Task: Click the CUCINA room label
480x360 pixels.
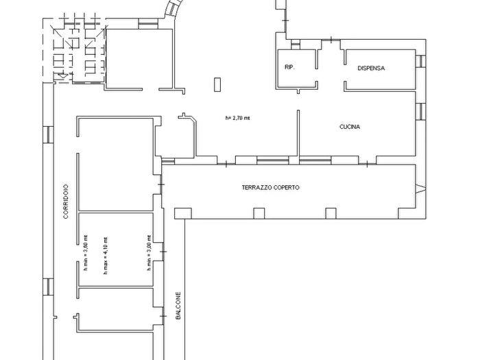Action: (x=350, y=127)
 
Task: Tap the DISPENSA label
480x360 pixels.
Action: (x=371, y=69)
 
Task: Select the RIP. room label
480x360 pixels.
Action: (x=289, y=67)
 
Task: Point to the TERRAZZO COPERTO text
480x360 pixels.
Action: (x=271, y=187)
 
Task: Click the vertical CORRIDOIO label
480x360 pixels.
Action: (x=66, y=201)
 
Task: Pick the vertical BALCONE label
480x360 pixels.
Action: (x=178, y=306)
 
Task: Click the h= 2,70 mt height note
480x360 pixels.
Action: (x=237, y=118)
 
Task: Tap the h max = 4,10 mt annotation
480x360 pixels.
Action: (x=106, y=256)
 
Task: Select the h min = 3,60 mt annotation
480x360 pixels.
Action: (x=86, y=252)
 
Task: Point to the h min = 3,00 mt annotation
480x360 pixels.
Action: (x=149, y=252)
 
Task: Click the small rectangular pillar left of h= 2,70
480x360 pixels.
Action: (x=217, y=84)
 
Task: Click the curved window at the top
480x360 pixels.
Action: (x=173, y=9)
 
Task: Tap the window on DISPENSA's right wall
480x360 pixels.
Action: (x=420, y=61)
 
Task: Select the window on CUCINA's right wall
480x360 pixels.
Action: (x=420, y=111)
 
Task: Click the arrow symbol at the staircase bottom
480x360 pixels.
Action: (x=63, y=75)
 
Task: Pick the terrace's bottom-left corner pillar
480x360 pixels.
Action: (x=183, y=214)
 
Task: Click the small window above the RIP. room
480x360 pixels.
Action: (x=295, y=45)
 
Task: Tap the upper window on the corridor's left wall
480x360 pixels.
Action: (x=48, y=134)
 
